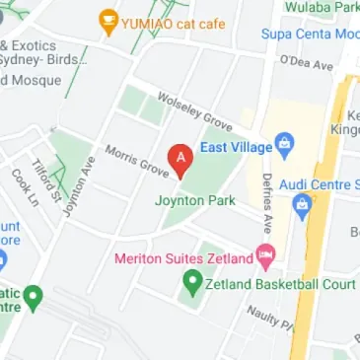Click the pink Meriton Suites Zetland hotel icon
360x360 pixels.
pyautogui.click(x=265, y=257)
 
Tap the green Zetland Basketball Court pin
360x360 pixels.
pyautogui.click(x=193, y=283)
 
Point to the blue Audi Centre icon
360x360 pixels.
pyautogui.click(x=303, y=206)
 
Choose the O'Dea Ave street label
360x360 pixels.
pyautogui.click(x=306, y=62)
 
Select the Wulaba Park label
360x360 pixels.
pyautogui.click(x=320, y=7)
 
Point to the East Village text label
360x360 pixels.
pyautogui.click(x=236, y=147)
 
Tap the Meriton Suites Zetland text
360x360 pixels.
pyautogui.click(x=183, y=258)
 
